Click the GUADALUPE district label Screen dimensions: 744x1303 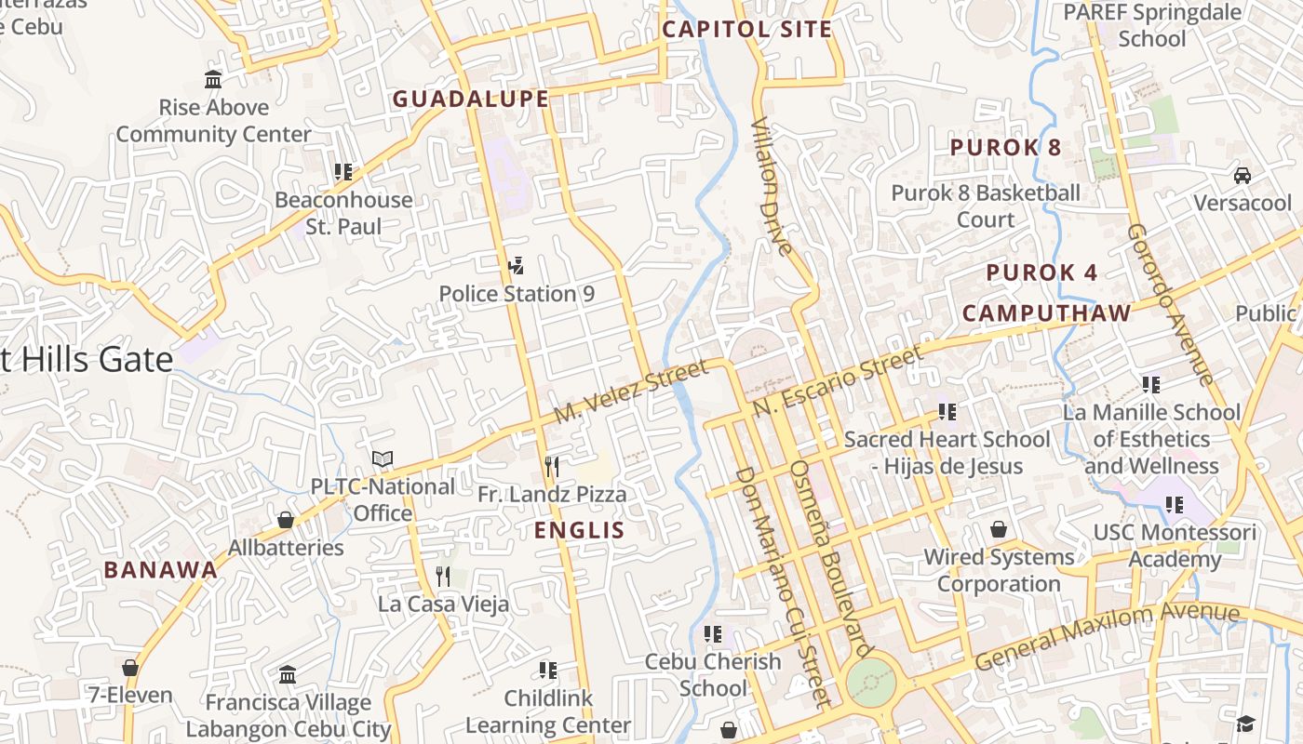pyautogui.click(x=470, y=99)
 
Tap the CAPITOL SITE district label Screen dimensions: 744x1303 pyautogui.click(x=746, y=29)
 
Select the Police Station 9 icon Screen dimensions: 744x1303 pyautogui.click(x=516, y=267)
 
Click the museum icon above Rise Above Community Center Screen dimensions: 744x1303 pyautogui.click(x=213, y=80)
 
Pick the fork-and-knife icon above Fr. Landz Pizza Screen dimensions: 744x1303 pyautogui.click(x=552, y=467)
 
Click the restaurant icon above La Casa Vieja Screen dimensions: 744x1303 pyautogui.click(x=443, y=577)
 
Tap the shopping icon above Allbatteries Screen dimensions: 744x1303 pyautogui.click(x=286, y=520)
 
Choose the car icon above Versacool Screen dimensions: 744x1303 pyautogui.click(x=1242, y=176)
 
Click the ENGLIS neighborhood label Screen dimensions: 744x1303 pyautogui.click(x=579, y=530)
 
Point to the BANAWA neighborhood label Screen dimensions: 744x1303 pyautogui.click(x=160, y=570)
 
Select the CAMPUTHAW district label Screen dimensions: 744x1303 pyautogui.click(x=1046, y=313)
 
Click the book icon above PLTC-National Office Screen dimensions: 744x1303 pyautogui.click(x=383, y=458)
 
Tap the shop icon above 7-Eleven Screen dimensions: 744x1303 pyautogui.click(x=130, y=668)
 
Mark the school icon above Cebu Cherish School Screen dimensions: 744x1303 pyautogui.click(x=713, y=634)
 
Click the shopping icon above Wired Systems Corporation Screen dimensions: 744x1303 pyautogui.click(x=999, y=529)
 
